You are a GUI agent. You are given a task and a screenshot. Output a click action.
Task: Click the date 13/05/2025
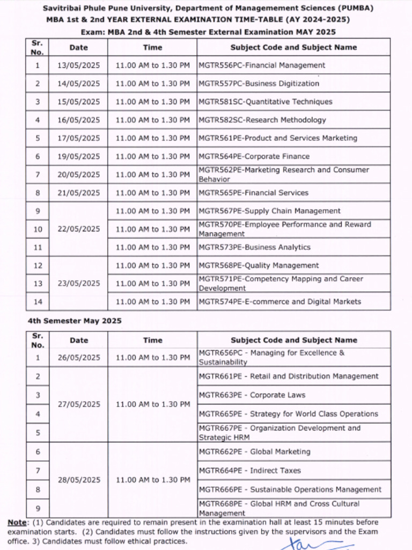pos(78,66)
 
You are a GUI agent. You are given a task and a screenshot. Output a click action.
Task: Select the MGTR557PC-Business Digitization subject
pos(259,84)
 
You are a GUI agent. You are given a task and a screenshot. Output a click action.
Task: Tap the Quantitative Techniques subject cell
pos(265,102)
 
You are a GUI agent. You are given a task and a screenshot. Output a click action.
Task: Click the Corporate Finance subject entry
pos(254,157)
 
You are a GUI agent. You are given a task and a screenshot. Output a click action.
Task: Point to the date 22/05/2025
pos(78,229)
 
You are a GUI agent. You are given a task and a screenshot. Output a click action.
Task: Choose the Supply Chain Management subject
pos(269,211)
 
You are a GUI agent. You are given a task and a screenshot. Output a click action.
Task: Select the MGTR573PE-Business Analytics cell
pos(254,248)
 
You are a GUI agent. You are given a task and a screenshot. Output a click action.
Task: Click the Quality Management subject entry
pos(259,266)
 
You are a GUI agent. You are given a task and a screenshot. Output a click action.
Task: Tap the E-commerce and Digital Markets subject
pos(279,302)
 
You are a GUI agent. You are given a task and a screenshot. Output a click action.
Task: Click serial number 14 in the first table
pos(38,302)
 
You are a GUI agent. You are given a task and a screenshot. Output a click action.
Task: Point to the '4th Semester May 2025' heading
pos(75,321)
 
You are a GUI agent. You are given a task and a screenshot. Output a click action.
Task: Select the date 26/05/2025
pos(78,358)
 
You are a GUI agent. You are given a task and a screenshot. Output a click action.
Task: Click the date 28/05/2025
pos(78,480)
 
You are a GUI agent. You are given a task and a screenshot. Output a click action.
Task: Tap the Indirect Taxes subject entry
pos(249,471)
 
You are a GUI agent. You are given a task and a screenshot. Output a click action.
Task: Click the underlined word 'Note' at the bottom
pos(16,523)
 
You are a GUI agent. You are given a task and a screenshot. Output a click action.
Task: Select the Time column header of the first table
pos(152,47)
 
